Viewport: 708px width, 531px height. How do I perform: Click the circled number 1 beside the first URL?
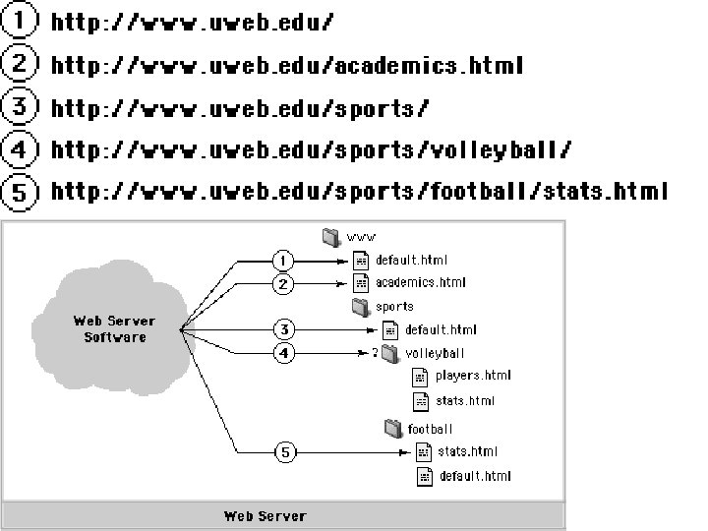pos(19,20)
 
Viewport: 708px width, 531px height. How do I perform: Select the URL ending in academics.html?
pos(286,66)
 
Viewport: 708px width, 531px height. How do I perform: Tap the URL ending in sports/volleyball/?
pos(311,150)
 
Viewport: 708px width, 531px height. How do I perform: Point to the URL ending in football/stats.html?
pos(359,191)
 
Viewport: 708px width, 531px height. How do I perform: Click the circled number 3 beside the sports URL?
pos(19,107)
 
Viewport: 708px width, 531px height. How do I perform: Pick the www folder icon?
pos(330,236)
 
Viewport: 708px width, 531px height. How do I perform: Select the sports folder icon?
pos(360,306)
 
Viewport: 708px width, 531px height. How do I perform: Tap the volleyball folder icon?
pos(389,352)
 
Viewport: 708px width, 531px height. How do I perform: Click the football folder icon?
pos(392,428)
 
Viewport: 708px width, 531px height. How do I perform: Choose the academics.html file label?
pos(421,283)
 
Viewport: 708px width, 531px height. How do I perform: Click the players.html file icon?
pos(418,376)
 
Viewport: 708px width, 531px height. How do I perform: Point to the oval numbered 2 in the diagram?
pos(283,284)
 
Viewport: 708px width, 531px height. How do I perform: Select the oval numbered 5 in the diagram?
pos(283,452)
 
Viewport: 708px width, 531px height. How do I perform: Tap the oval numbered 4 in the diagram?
pos(283,353)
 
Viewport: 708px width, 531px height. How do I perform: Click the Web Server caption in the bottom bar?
pos(265,516)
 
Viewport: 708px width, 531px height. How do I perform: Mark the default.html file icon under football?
pos(424,476)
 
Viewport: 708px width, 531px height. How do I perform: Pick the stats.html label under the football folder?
pos(467,452)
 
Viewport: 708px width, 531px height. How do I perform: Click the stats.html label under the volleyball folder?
pos(466,401)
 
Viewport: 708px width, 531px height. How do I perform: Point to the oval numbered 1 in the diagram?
pos(283,261)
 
